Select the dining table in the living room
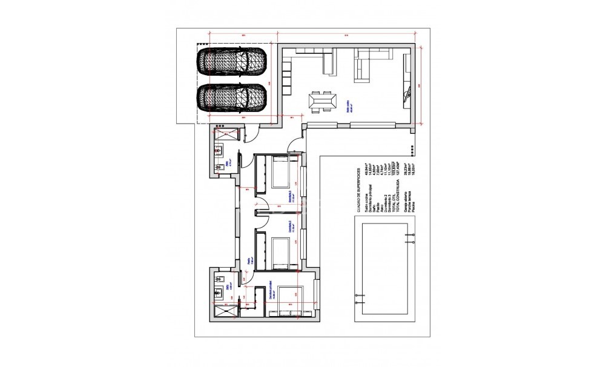point(322,100)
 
